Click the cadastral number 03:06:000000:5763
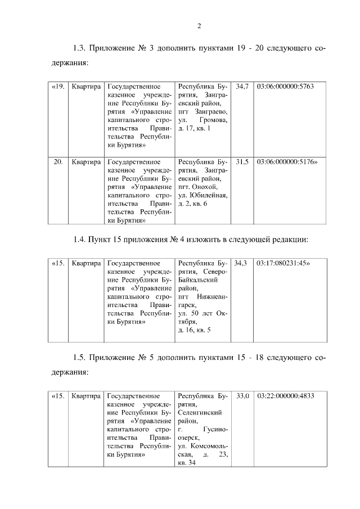tap(285, 87)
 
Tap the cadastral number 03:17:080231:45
tap(282, 263)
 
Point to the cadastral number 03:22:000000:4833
tap(285, 396)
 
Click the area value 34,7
tap(242, 87)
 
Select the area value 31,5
tap(242, 162)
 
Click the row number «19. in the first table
tap(58, 87)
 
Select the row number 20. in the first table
tap(57, 162)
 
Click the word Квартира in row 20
tap(86, 162)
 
